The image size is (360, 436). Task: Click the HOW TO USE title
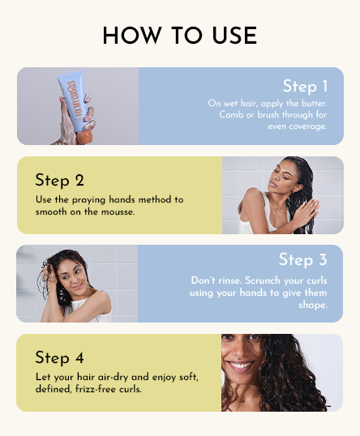tap(180, 36)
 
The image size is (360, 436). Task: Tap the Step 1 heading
tap(305, 87)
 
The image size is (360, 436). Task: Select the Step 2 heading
tap(59, 180)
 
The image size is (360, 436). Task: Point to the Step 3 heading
tap(302, 259)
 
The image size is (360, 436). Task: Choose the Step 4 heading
tap(59, 357)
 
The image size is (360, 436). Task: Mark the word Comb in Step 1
tap(233, 114)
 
